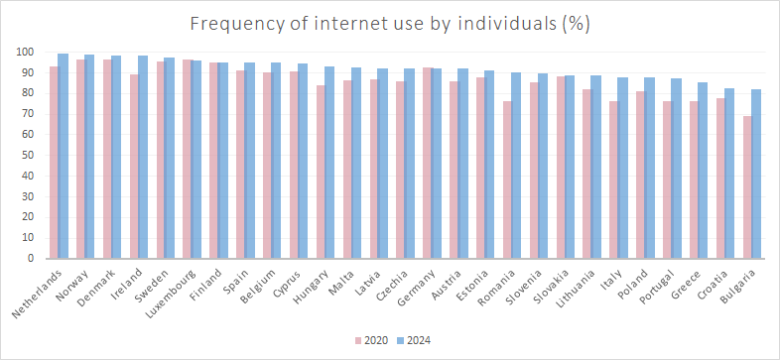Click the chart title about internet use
[x=390, y=19]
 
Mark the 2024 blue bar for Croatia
[x=729, y=174]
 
